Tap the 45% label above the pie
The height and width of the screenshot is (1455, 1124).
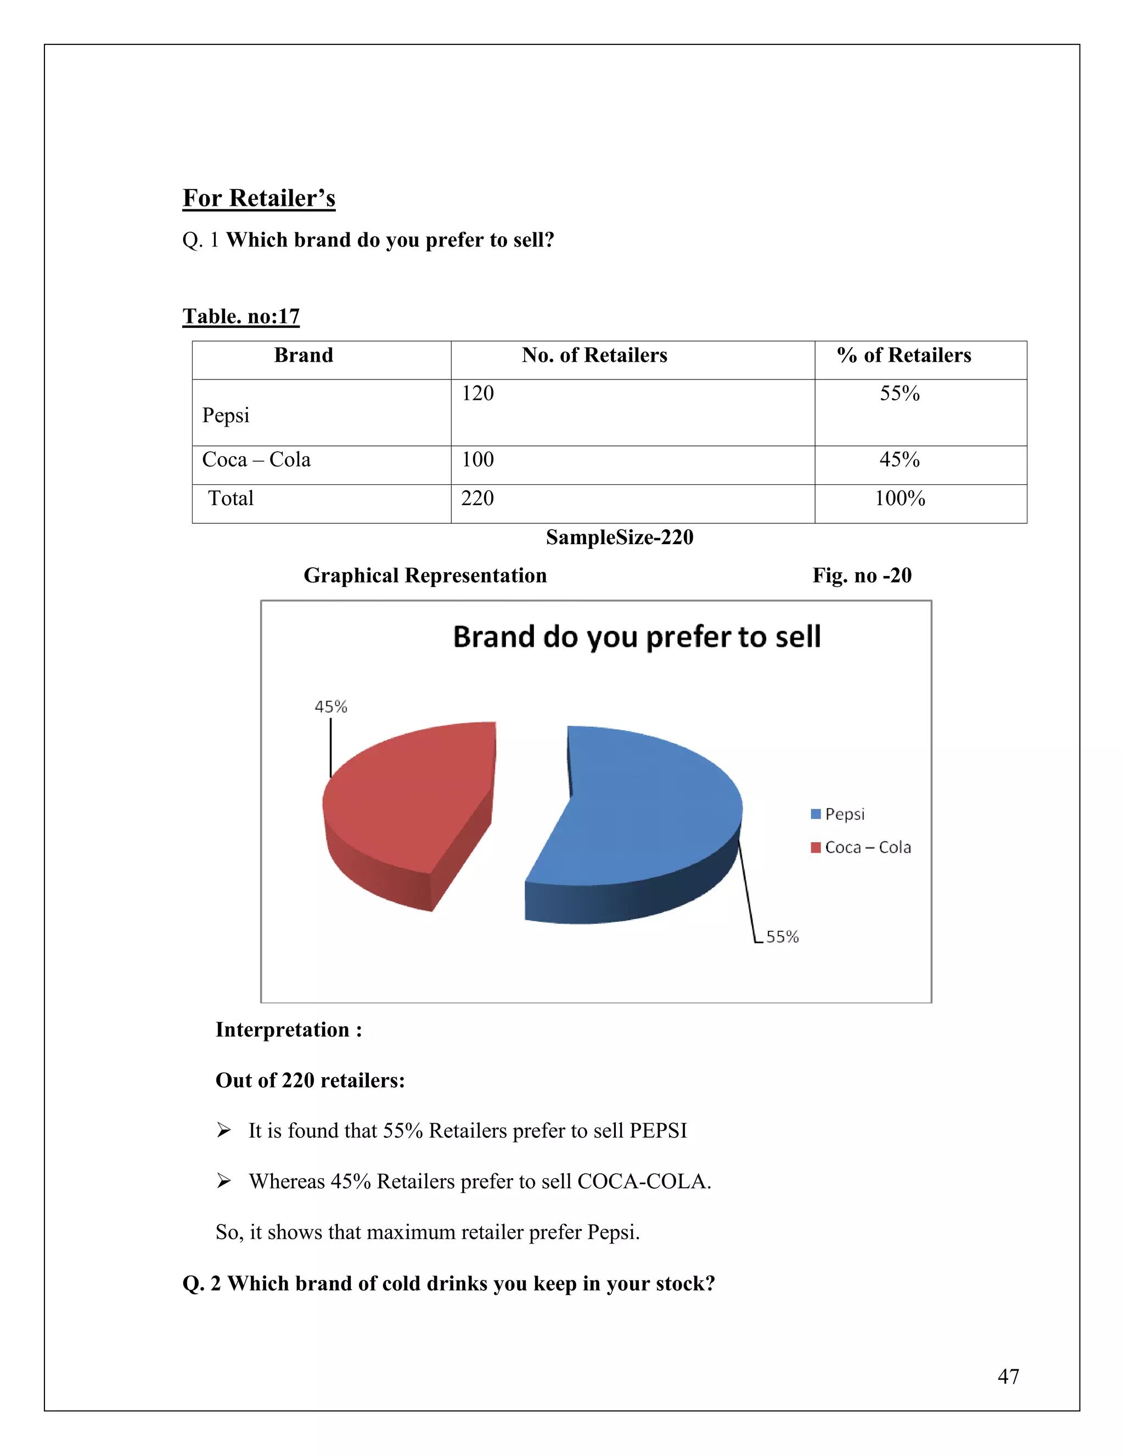point(331,707)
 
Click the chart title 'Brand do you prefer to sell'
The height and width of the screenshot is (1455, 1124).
point(637,637)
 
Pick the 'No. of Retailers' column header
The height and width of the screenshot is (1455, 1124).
point(594,356)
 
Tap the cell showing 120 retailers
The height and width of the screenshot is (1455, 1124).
point(478,394)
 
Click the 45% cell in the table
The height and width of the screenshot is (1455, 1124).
point(900,460)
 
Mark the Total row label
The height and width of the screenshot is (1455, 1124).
point(231,499)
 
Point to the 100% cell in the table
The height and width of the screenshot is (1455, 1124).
point(900,499)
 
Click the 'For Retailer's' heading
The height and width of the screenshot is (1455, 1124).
point(259,199)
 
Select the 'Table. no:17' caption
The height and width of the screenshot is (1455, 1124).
point(241,316)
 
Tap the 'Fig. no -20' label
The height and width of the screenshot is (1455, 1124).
point(862,575)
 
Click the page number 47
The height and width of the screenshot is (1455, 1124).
point(1008,1376)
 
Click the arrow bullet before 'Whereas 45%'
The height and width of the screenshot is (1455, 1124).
point(224,1181)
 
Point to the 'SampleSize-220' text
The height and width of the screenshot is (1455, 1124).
point(619,538)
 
